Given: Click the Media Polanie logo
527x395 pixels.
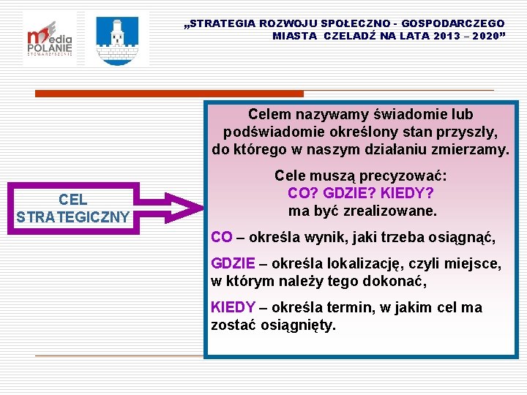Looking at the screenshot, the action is click(x=49, y=39).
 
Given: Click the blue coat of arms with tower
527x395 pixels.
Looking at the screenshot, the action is click(x=116, y=39).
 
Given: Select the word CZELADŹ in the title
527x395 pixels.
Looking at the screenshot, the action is click(x=346, y=35).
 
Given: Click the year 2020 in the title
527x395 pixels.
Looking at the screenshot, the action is click(x=485, y=35).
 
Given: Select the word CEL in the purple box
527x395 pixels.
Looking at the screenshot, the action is click(x=72, y=200).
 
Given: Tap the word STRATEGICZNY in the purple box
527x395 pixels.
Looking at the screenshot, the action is click(x=72, y=217).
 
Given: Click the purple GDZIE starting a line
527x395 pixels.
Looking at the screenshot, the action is click(x=233, y=263).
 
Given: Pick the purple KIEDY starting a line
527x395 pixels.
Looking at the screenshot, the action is click(x=233, y=307).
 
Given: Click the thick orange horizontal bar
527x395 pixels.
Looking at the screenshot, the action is click(x=170, y=94).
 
